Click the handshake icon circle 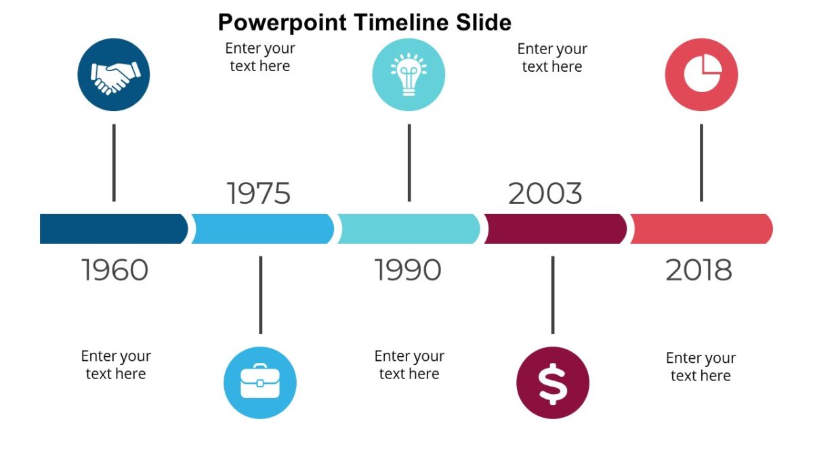pos(114,74)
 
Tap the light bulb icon pos(409,74)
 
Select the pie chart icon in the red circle pos(701,74)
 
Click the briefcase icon pos(260,383)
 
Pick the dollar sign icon pos(552,383)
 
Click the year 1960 pos(115,270)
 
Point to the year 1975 pos(259,194)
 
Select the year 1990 pos(408,270)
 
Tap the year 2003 pos(545,194)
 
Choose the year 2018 pos(699,270)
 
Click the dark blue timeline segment pos(112,229)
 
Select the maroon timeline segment pos(554,229)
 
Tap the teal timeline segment pos(409,229)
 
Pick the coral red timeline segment pos(701,229)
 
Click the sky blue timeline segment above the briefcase pos(262,229)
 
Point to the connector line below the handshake pos(114,162)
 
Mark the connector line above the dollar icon pos(552,295)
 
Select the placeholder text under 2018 pos(701,366)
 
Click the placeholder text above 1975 pos(260,57)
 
